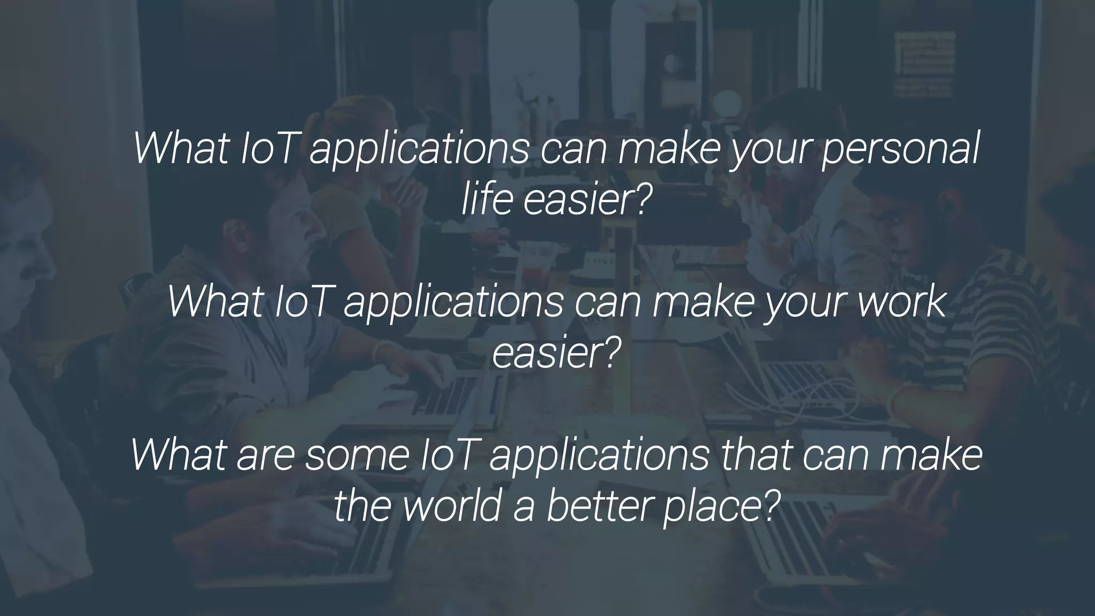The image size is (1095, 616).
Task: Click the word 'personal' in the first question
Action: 900,150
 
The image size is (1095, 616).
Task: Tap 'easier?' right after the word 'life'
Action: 588,200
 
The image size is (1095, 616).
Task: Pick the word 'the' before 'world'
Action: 364,506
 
